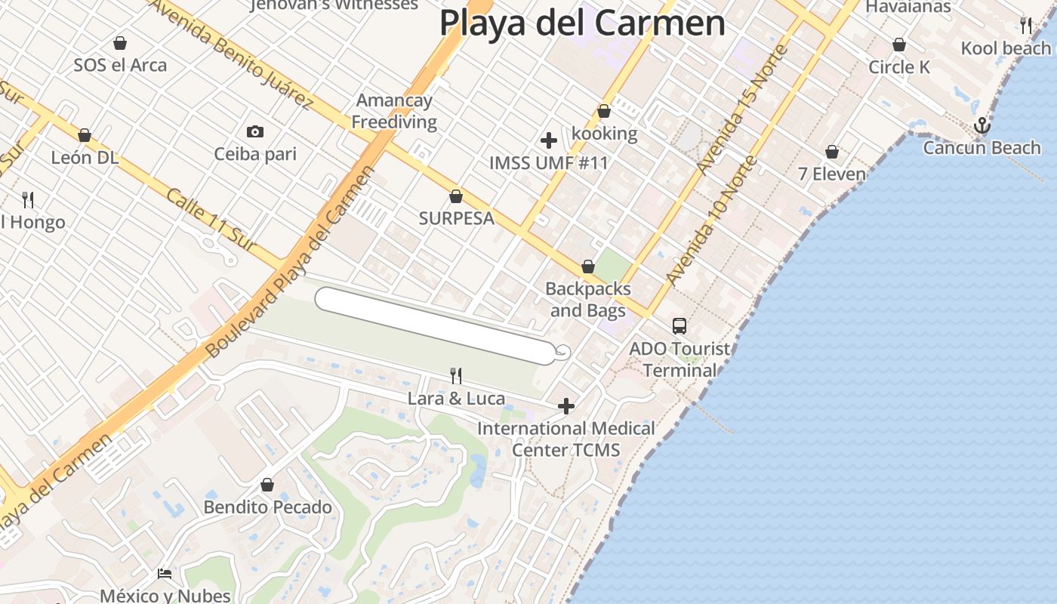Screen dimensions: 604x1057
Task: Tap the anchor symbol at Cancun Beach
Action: pos(981,125)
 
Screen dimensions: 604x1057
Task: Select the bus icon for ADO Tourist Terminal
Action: pos(679,326)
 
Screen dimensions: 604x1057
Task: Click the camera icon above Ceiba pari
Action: pos(255,132)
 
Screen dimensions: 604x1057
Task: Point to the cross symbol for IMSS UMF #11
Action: pos(549,140)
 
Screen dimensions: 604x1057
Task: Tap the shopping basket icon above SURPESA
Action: pos(456,197)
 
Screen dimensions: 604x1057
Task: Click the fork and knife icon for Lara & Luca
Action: pos(456,375)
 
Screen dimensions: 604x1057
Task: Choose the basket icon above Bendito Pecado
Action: pos(267,485)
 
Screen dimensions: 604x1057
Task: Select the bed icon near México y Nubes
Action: pos(165,574)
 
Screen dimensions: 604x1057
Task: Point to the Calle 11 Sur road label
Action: pos(211,219)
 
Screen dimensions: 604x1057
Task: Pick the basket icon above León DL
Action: pos(85,135)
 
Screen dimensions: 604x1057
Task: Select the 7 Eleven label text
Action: pos(832,174)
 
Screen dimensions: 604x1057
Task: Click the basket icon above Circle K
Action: pos(898,45)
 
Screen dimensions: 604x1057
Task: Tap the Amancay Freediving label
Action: pos(394,111)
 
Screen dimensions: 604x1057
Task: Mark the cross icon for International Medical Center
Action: pos(566,407)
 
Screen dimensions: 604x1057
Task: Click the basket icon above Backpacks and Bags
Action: pos(588,267)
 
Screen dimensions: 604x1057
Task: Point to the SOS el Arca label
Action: pos(120,65)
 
